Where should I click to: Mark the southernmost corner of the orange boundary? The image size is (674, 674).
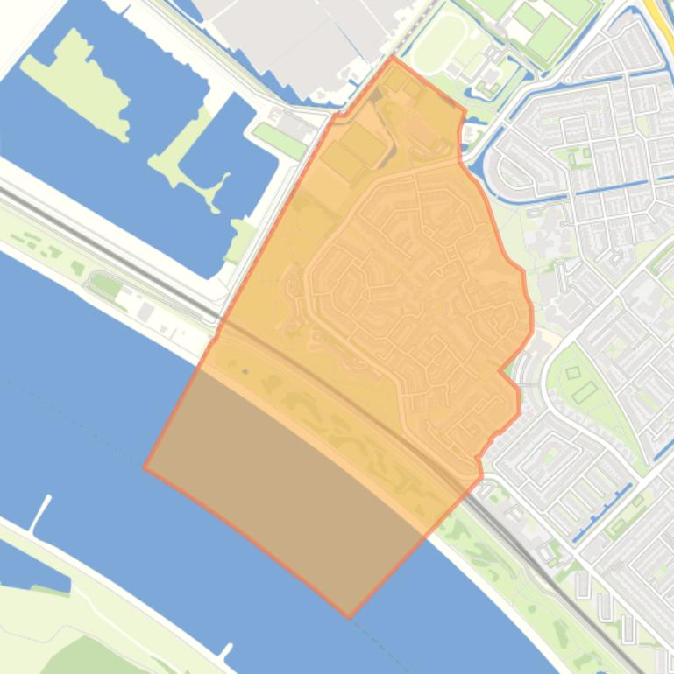tap(349, 617)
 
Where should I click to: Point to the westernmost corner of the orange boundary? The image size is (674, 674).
tap(145, 467)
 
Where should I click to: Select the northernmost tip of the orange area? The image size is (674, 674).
tap(393, 58)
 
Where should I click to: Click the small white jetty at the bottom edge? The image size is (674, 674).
tap(225, 651)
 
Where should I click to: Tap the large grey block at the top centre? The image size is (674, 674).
tap(289, 35)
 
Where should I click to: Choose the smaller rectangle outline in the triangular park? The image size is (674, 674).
tap(573, 373)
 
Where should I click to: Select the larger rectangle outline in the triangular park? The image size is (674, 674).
tap(585, 391)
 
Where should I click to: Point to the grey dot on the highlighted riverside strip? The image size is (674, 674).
tap(245, 372)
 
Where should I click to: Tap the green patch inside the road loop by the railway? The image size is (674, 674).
tap(106, 285)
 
